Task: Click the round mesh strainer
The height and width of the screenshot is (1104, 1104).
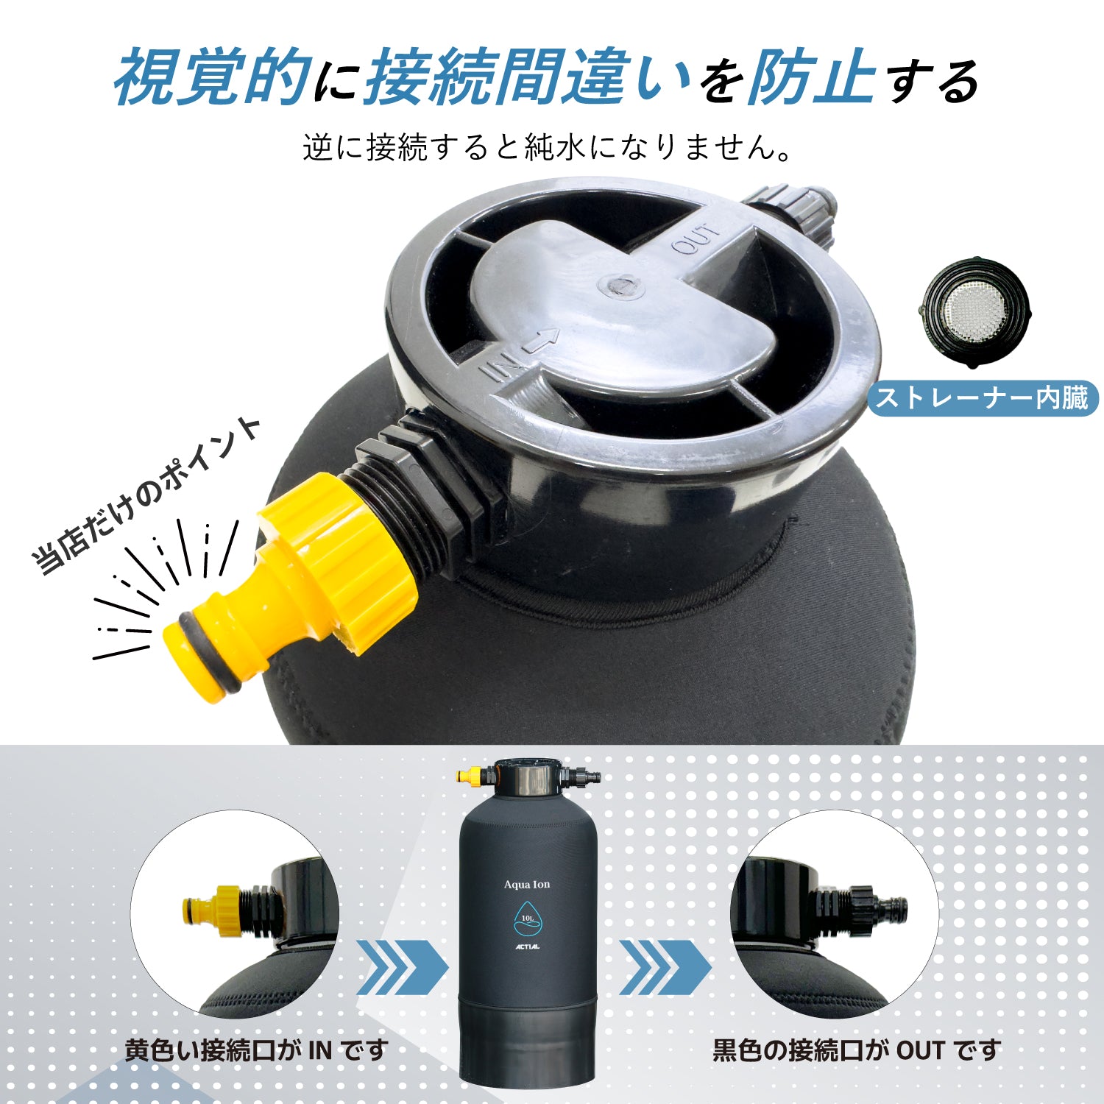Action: (974, 312)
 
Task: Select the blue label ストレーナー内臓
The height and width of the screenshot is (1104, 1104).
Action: (983, 399)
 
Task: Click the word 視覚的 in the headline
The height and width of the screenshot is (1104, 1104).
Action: (210, 77)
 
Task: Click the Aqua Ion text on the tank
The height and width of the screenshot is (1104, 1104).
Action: (527, 884)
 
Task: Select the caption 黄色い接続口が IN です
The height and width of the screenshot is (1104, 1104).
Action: (256, 1050)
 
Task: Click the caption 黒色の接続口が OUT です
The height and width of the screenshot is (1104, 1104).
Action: (857, 1050)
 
